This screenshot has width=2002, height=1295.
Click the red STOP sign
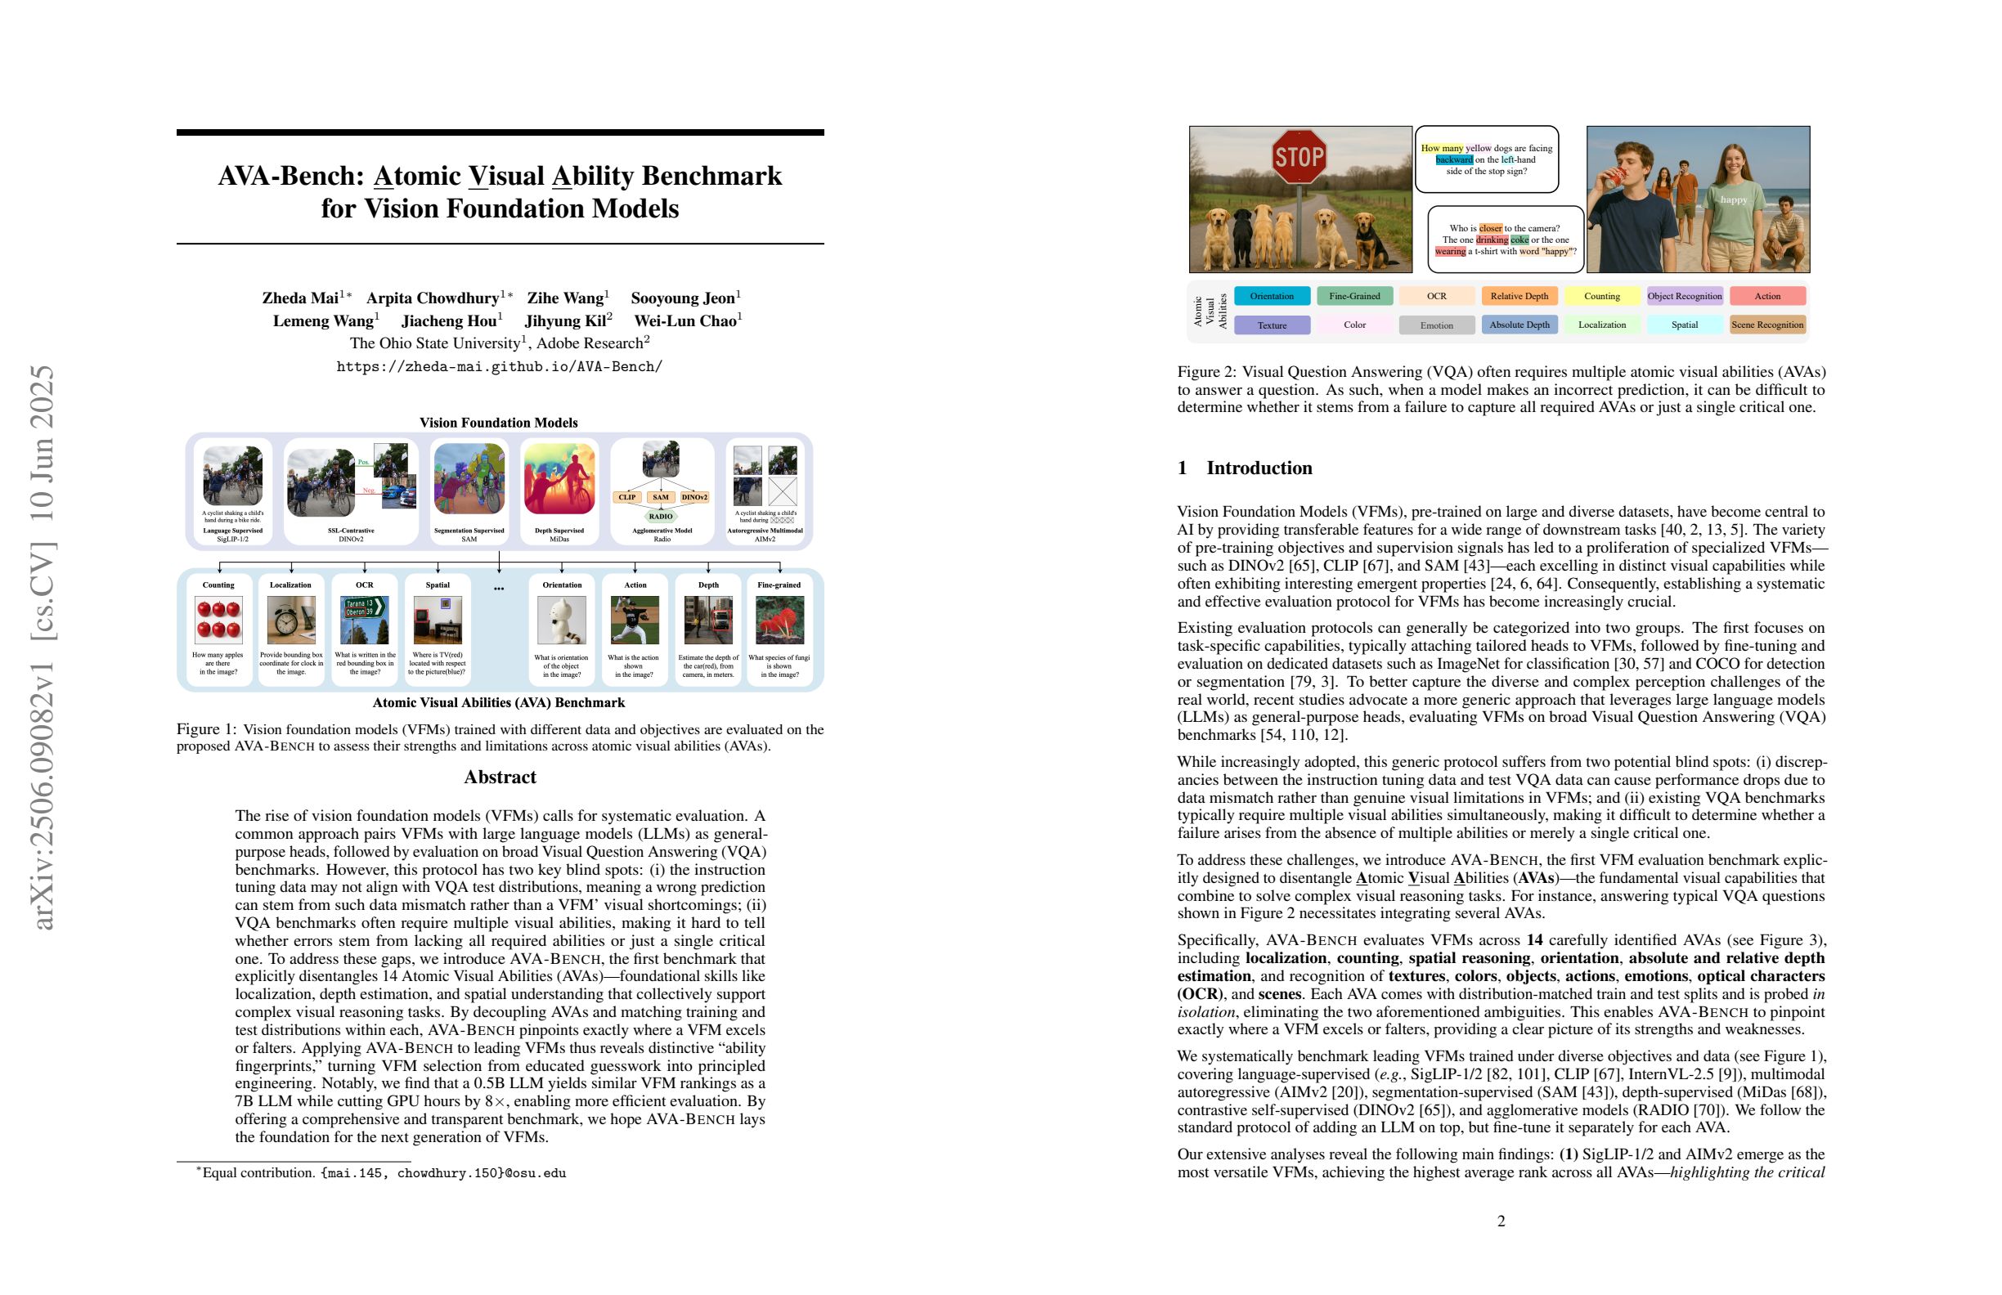(1299, 156)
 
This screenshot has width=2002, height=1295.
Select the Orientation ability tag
(1271, 296)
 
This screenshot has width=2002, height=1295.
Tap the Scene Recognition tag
(1766, 325)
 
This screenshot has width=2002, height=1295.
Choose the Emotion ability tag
(1436, 325)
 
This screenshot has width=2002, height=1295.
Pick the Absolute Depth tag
(1519, 325)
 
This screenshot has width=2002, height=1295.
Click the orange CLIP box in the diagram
(626, 497)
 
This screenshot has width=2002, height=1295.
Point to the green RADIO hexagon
(660, 517)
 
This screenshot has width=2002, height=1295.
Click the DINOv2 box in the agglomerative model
(694, 497)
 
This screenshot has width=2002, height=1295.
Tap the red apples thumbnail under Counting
(218, 620)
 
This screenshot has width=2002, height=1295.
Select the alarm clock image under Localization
(291, 620)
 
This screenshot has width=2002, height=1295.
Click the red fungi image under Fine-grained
(779, 620)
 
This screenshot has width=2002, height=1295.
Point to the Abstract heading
(500, 777)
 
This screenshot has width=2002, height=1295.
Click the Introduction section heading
(1259, 468)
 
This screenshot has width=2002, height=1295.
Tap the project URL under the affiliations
(500, 366)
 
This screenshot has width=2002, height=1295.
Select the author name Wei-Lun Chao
(686, 321)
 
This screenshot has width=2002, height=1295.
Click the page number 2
(1501, 1221)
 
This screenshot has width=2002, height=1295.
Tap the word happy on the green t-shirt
(1734, 199)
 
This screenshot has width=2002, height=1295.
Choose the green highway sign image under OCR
(364, 620)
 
